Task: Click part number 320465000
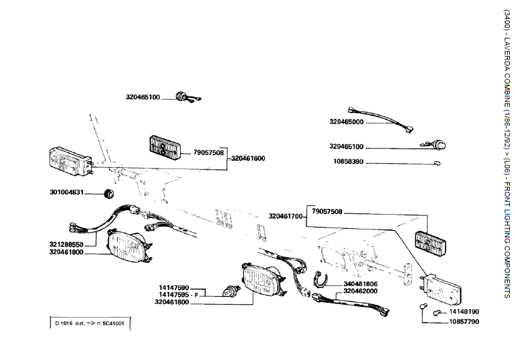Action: click(346, 121)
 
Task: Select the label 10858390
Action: click(346, 162)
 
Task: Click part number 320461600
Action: click(248, 157)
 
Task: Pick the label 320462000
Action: click(361, 291)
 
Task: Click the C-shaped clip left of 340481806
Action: click(320, 279)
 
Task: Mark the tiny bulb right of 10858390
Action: click(437, 163)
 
